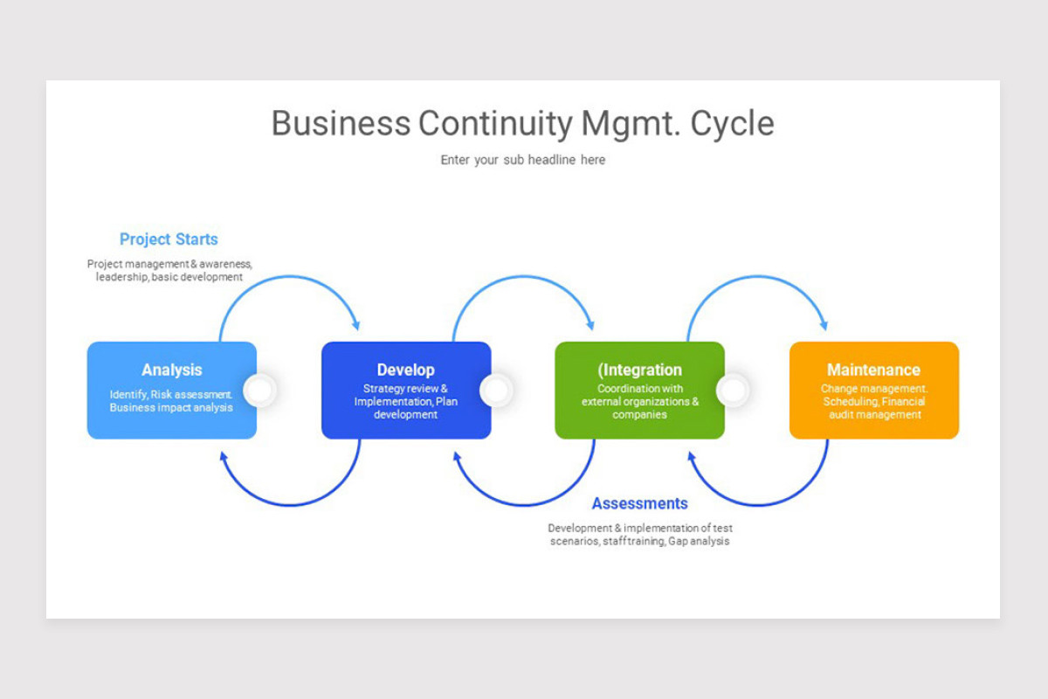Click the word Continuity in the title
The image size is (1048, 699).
point(495,123)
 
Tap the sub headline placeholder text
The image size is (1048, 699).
point(522,160)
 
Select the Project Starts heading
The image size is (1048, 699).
point(169,239)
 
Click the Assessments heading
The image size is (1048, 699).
point(639,503)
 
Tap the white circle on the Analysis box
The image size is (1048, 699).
point(259,391)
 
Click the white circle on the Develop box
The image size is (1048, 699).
point(495,391)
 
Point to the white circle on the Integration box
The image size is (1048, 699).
point(733,391)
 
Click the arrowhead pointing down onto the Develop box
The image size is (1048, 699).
point(355,324)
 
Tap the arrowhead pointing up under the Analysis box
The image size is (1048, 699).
point(224,457)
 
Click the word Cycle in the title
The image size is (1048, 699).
point(732,123)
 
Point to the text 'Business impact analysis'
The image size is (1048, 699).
point(171,408)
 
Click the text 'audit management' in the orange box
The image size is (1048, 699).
point(874,415)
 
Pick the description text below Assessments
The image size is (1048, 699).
point(639,535)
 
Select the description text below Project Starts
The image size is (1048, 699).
point(169,270)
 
